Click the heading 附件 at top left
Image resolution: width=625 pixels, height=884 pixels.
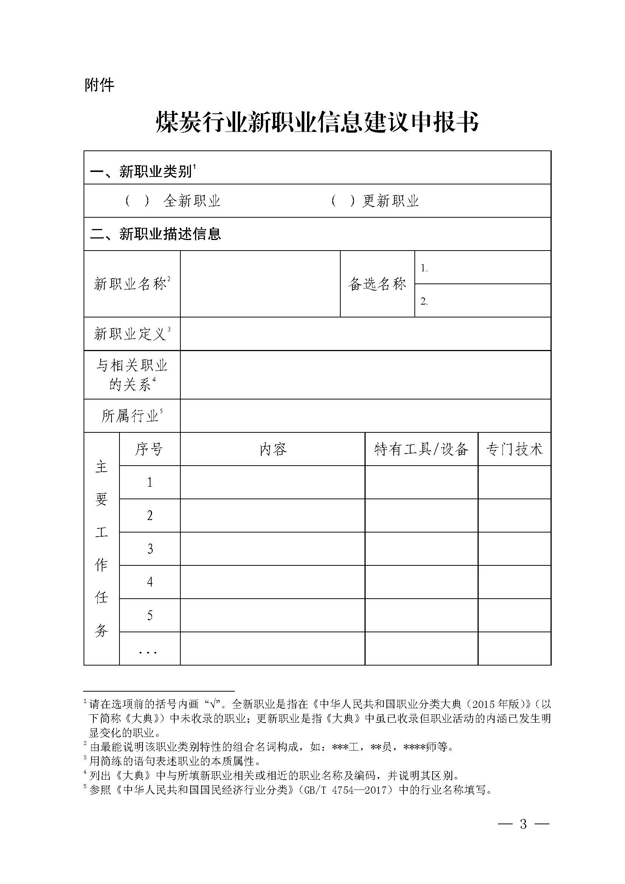[99, 85]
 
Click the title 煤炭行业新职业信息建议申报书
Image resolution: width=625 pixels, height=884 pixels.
[317, 123]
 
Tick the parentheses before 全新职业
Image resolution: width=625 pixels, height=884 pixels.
[137, 201]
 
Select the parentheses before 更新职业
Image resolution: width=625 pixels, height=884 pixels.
[343, 201]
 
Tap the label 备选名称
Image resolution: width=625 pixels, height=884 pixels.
[377, 284]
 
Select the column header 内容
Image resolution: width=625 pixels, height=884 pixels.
[273, 449]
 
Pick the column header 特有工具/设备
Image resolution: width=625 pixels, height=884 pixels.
[421, 449]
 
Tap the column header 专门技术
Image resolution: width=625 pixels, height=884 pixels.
[514, 449]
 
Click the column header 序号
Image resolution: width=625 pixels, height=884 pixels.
[149, 449]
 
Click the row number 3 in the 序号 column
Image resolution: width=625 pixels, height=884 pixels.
[150, 549]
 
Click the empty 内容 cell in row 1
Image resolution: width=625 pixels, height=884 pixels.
[273, 482]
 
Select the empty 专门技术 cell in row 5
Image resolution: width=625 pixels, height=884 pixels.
[514, 615]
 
